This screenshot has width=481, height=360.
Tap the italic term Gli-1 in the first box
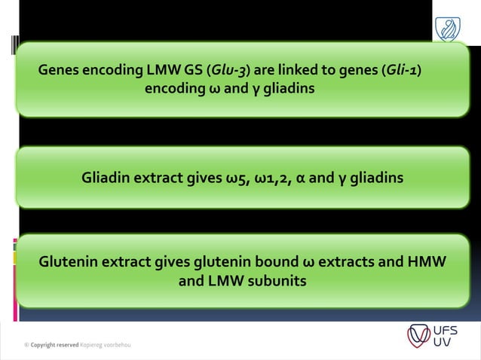pyautogui.click(x=401, y=72)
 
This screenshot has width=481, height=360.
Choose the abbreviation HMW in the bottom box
pyautogui.click(x=426, y=263)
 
